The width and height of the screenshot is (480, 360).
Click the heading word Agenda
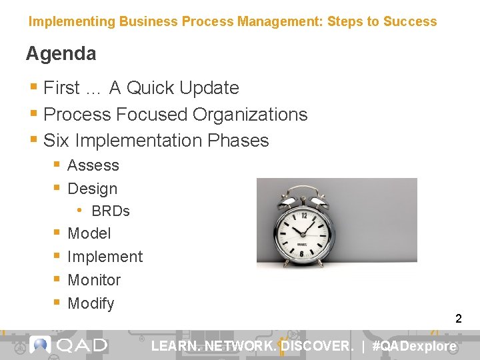coord(61,54)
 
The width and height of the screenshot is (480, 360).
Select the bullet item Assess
coord(93,165)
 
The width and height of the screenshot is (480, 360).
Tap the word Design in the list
coord(92,189)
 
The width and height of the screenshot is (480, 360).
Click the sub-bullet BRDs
coord(111,211)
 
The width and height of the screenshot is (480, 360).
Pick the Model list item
coord(89,233)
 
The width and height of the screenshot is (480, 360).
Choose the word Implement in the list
coord(105,257)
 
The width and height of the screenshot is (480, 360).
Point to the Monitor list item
coord(94,280)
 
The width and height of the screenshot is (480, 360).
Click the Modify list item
coord(91,303)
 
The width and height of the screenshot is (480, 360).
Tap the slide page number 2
coord(458,319)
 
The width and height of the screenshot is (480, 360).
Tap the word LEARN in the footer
coord(175,346)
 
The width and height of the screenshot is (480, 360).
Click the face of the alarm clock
coord(302,234)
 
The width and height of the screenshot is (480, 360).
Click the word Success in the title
coord(410,21)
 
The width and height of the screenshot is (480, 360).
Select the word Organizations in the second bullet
coord(250,115)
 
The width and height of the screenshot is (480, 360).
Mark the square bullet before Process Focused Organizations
coord(34,113)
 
